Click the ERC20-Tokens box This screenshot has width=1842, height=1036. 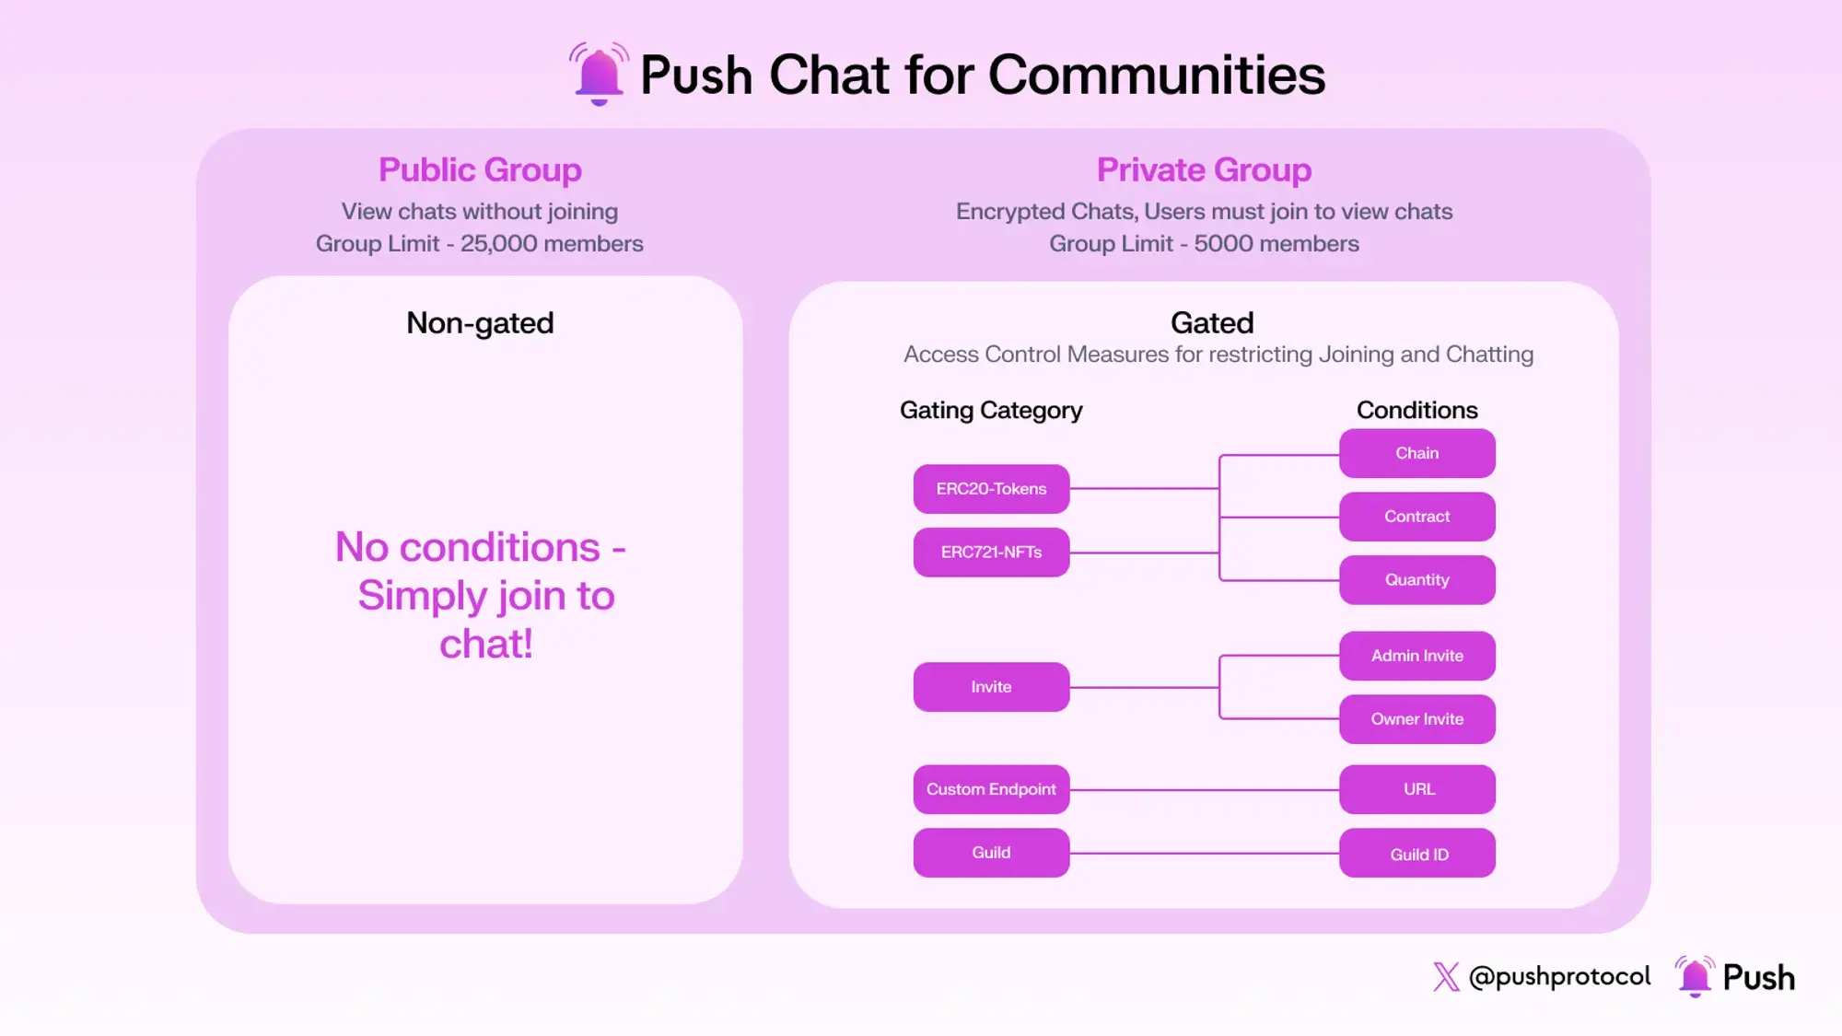(x=991, y=489)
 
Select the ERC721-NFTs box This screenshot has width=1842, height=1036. (x=991, y=553)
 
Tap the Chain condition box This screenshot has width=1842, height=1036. (x=1416, y=453)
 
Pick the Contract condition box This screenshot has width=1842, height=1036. (x=1416, y=517)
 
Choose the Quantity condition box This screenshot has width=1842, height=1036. (x=1416, y=580)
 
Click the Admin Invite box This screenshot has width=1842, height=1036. (x=1416, y=656)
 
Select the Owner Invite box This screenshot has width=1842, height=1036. (x=1416, y=719)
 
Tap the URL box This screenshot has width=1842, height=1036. (x=1416, y=789)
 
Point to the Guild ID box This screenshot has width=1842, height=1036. (x=1416, y=854)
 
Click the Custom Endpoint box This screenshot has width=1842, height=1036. (x=991, y=789)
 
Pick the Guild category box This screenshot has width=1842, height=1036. (x=991, y=853)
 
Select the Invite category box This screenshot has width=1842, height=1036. (x=991, y=687)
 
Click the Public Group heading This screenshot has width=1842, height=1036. (x=480, y=170)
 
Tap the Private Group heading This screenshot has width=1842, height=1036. (x=1204, y=170)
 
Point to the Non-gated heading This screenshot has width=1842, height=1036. (x=480, y=323)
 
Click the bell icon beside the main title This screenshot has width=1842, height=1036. (x=599, y=74)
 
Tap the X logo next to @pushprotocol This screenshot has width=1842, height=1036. (x=1446, y=977)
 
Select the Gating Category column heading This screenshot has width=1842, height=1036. (x=991, y=411)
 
